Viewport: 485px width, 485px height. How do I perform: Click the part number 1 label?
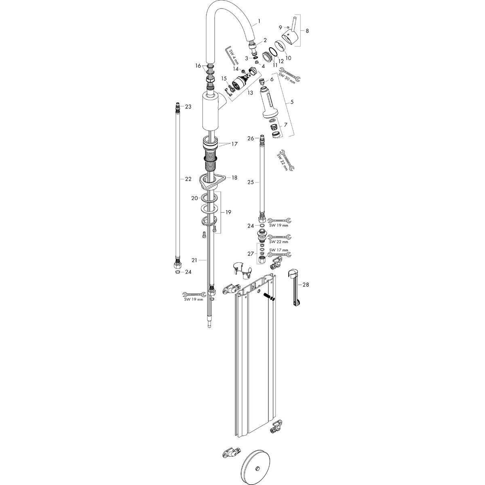coord(259,20)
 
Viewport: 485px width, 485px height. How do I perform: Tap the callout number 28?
coord(306,285)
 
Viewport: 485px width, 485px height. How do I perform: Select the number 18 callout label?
coord(234,177)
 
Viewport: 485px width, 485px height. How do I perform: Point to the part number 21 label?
coord(205,260)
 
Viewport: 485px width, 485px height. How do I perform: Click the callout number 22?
coord(188,179)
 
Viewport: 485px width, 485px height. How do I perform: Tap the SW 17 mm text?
coord(279,250)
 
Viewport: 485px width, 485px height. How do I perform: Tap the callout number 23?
coord(188,107)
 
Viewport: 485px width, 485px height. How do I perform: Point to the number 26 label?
coord(251,138)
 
